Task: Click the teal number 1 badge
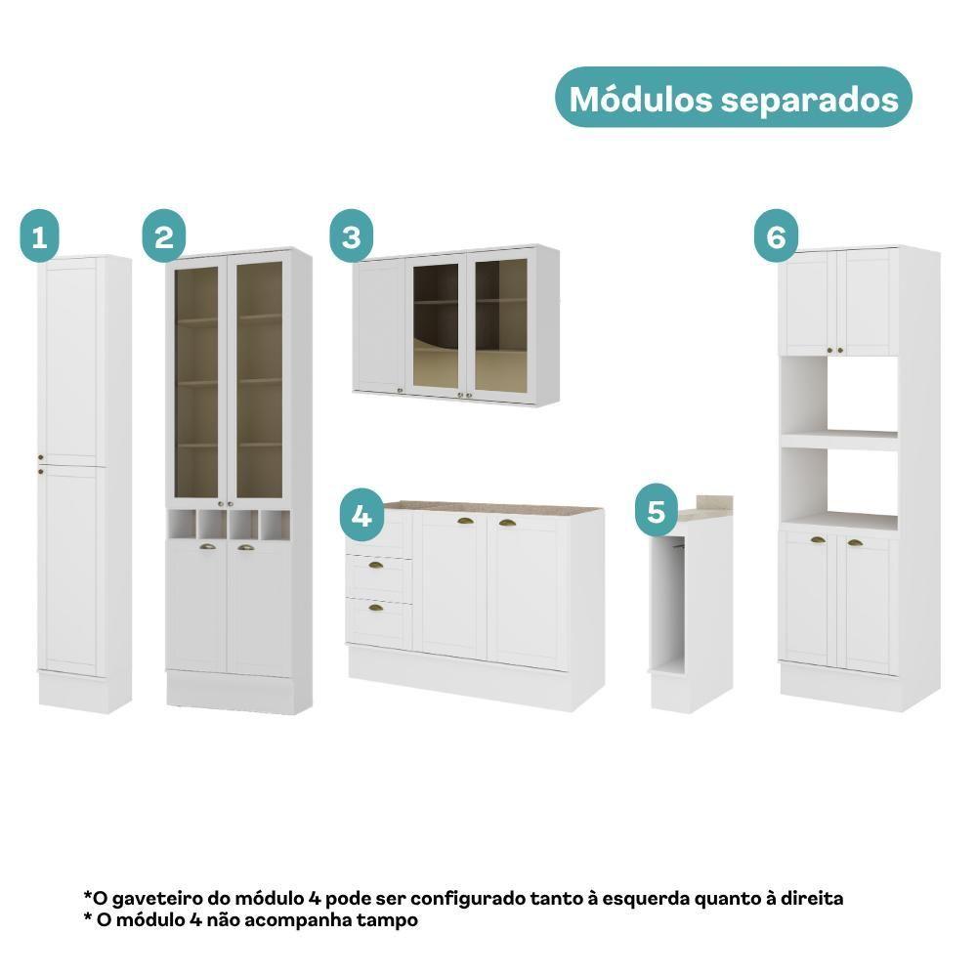(39, 236)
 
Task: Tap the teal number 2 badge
(163, 236)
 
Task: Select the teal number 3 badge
(352, 236)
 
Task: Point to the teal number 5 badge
(657, 510)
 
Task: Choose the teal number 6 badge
(776, 236)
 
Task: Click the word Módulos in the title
(641, 99)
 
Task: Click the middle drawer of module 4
(379, 576)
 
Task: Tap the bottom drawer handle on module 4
(376, 608)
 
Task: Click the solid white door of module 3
(380, 325)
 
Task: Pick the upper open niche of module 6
(838, 394)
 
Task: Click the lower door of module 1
(69, 571)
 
